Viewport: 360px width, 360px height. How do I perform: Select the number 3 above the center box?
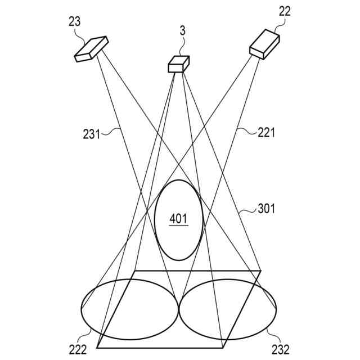pyautogui.click(x=182, y=30)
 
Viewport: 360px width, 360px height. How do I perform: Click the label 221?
pyautogui.click(x=266, y=133)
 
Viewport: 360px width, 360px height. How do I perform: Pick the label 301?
pyautogui.click(x=266, y=209)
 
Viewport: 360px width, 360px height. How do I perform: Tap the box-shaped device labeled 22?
pyautogui.click(x=264, y=43)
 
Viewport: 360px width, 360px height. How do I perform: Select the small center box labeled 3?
pyautogui.click(x=178, y=64)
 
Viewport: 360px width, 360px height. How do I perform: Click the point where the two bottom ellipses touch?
pyautogui.click(x=178, y=308)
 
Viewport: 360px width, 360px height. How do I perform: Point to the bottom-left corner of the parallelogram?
pyautogui.click(x=98, y=348)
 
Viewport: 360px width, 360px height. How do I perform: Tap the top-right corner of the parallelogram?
pyautogui.click(x=261, y=271)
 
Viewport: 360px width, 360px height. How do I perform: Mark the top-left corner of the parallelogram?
pyautogui.click(x=134, y=271)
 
